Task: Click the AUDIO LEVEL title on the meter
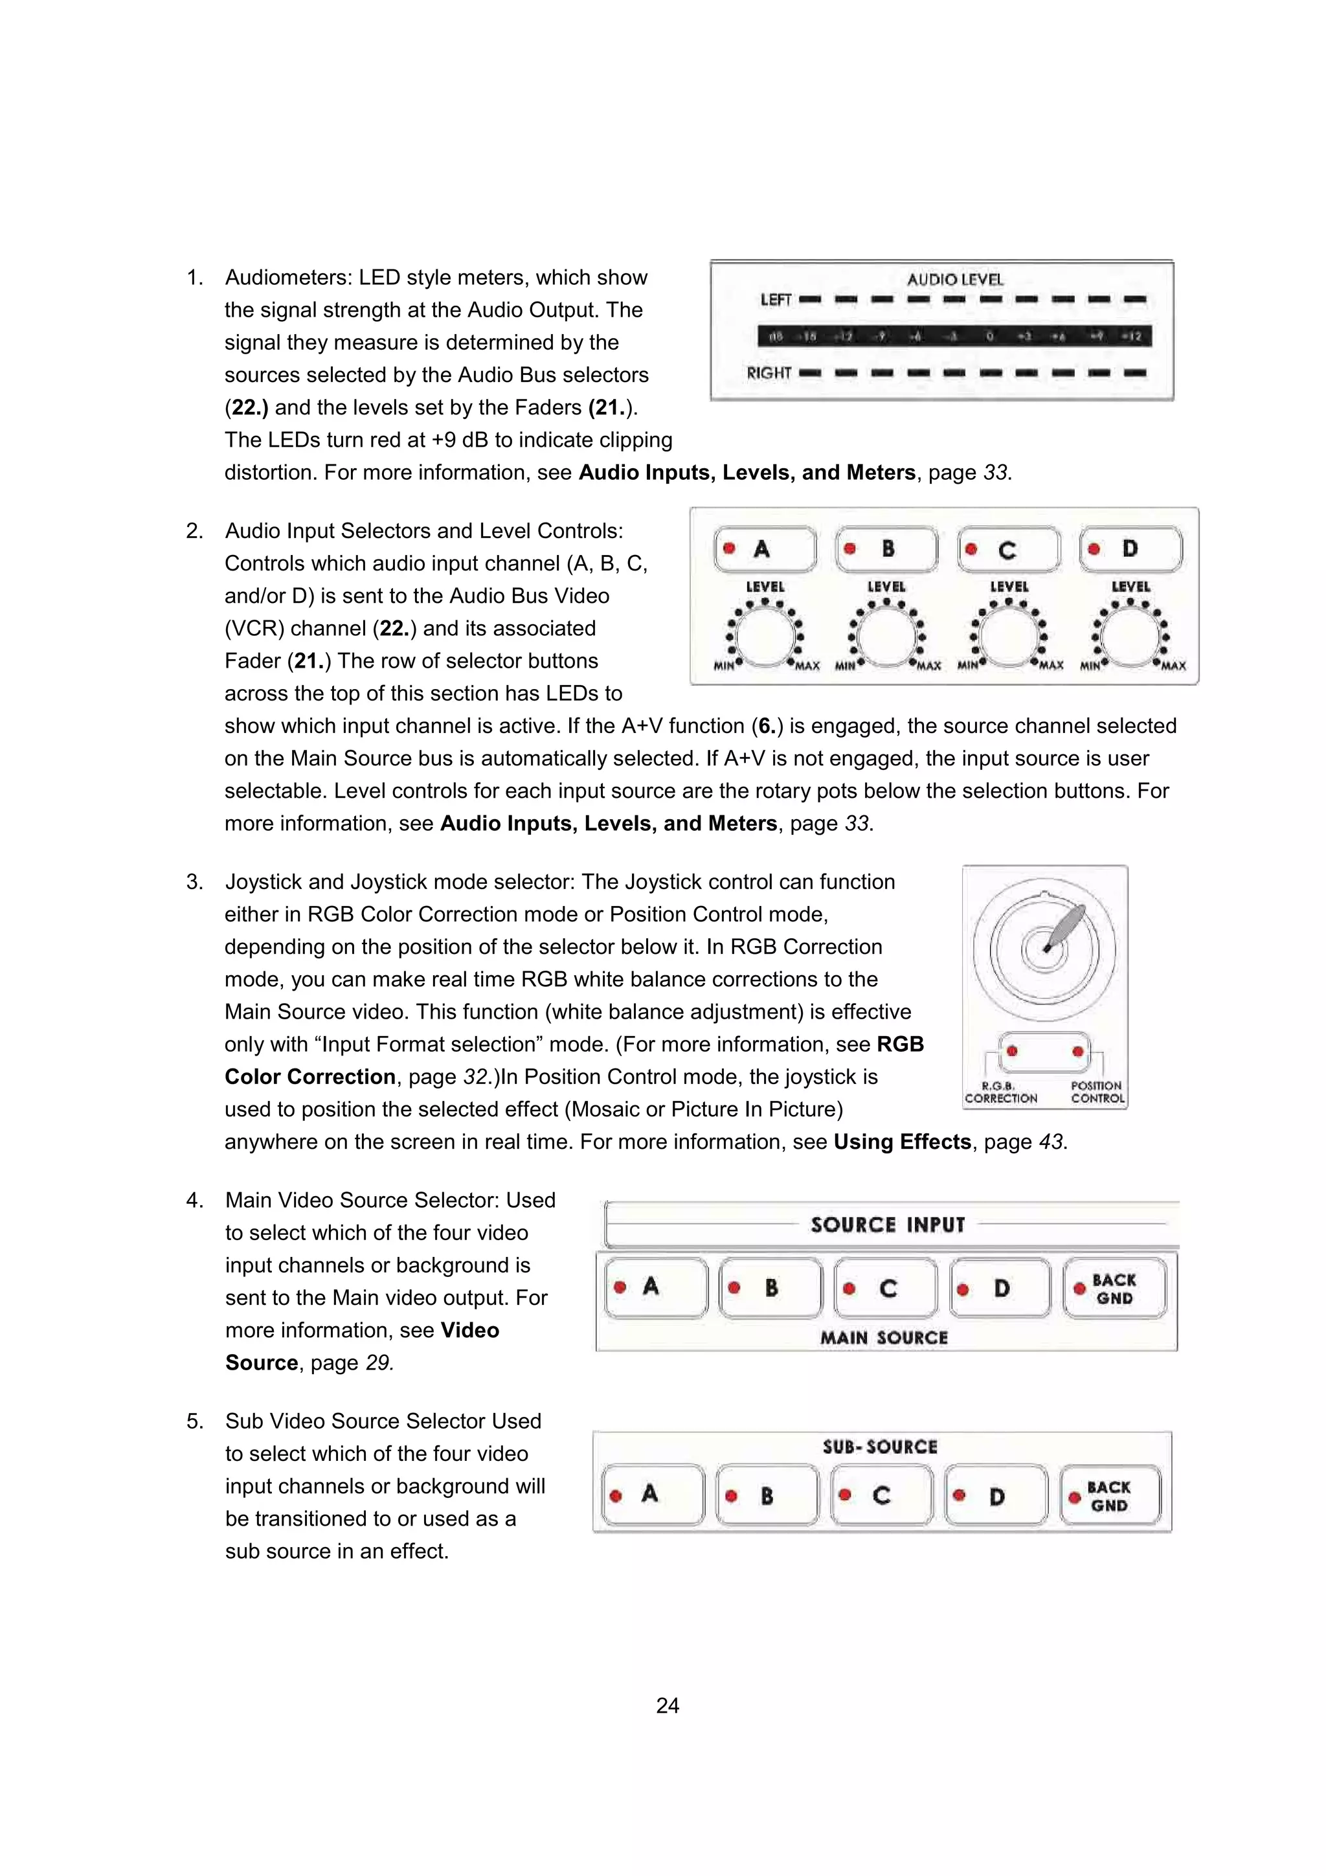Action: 954,280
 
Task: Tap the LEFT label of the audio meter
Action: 776,300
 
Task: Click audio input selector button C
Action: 1009,550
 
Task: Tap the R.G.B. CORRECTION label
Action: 1001,1092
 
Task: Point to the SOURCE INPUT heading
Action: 888,1225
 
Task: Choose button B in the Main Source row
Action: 770,1289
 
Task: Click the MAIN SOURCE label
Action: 884,1338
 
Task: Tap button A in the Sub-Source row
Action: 652,1495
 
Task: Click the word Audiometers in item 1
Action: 288,278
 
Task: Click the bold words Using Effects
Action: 902,1142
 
